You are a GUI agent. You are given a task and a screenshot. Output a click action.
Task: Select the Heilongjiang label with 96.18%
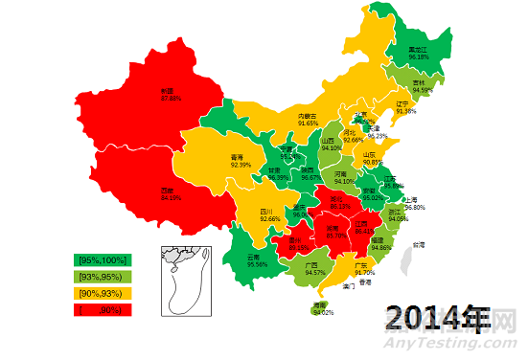(419, 54)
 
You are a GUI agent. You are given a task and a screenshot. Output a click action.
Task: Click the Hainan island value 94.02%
(323, 309)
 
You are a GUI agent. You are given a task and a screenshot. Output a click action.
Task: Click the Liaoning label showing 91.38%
(405, 107)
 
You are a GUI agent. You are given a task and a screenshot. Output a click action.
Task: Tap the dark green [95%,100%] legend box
(103, 259)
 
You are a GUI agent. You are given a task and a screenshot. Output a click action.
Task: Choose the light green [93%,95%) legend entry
(103, 276)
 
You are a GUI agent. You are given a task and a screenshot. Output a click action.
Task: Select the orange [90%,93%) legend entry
(103, 292)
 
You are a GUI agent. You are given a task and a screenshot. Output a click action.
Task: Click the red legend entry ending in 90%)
(103, 309)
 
